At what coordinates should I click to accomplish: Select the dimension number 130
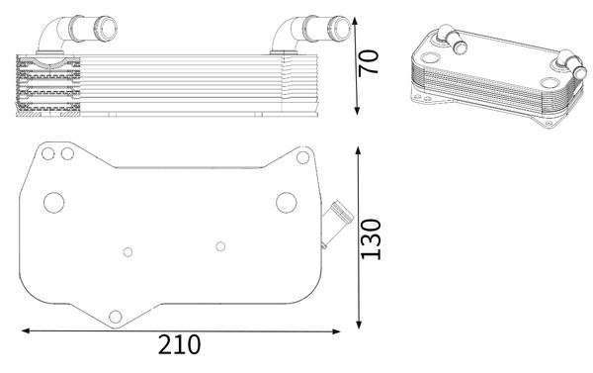click(x=371, y=237)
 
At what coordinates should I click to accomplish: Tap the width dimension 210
click(x=180, y=345)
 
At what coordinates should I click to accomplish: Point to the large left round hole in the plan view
click(x=52, y=204)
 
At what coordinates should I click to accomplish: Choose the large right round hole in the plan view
click(x=286, y=204)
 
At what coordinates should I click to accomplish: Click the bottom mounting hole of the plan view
click(x=116, y=317)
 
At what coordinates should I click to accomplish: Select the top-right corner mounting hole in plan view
click(x=298, y=155)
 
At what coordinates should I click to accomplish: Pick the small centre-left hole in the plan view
click(x=127, y=251)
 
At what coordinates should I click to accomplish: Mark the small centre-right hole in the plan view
click(x=219, y=241)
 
